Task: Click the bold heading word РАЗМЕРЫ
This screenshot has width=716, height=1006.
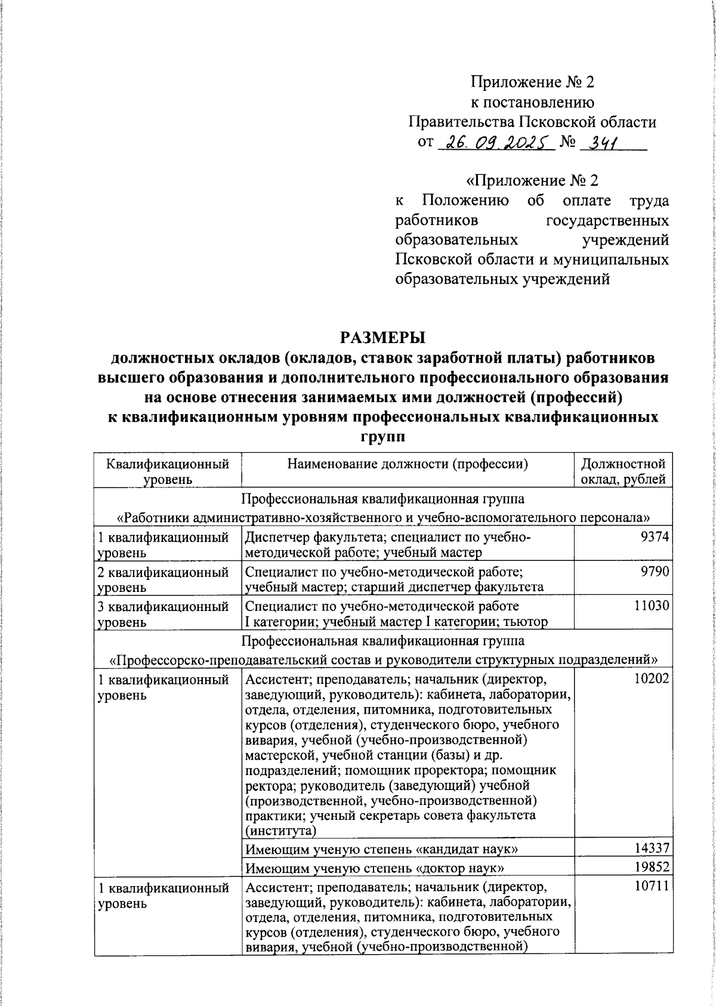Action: [x=382, y=338]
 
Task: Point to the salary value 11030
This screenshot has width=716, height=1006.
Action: [x=651, y=606]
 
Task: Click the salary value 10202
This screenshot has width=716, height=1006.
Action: [x=651, y=678]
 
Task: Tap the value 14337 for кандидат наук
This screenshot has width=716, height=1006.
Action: [x=651, y=848]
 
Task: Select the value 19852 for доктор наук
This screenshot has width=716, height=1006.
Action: [x=651, y=866]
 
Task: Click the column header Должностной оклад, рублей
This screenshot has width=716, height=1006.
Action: [x=623, y=471]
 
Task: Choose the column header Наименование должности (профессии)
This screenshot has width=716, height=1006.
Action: [x=408, y=464]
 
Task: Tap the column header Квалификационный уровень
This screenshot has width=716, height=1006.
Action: [x=167, y=471]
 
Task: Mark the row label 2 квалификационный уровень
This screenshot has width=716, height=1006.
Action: [x=163, y=579]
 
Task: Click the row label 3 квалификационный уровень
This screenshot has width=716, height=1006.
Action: [x=163, y=613]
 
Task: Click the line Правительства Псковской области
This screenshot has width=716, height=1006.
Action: [x=532, y=122]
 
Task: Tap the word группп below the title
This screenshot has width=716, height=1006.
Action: [x=382, y=436]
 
